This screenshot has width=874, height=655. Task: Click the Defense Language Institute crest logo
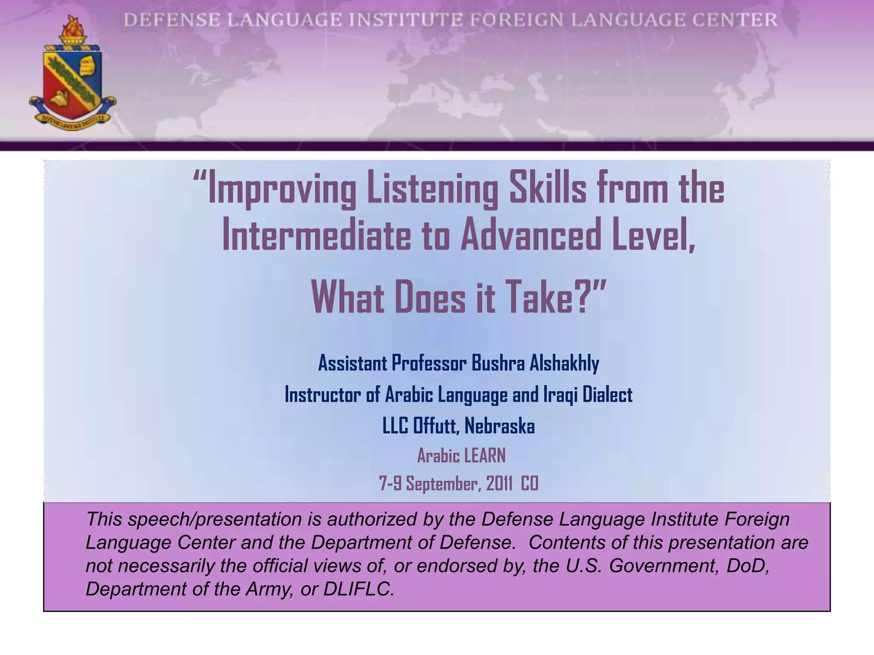point(72,79)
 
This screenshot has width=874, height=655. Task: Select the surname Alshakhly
point(564,363)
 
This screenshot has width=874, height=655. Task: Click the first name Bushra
point(498,363)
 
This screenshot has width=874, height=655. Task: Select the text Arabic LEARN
point(461,456)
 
